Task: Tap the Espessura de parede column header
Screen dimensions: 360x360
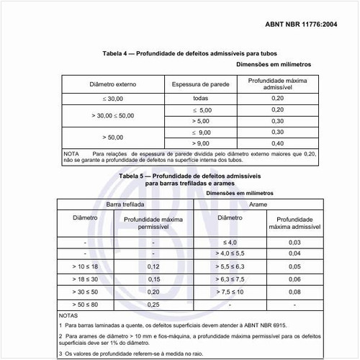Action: (200, 84)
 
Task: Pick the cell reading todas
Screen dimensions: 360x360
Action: (200, 97)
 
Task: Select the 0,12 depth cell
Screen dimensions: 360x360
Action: (153, 266)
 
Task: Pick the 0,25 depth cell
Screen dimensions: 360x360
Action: (153, 305)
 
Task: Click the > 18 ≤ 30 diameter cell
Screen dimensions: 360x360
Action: (85, 279)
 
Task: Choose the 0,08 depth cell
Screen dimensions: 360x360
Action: (294, 292)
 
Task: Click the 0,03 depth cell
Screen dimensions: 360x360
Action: (294, 241)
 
